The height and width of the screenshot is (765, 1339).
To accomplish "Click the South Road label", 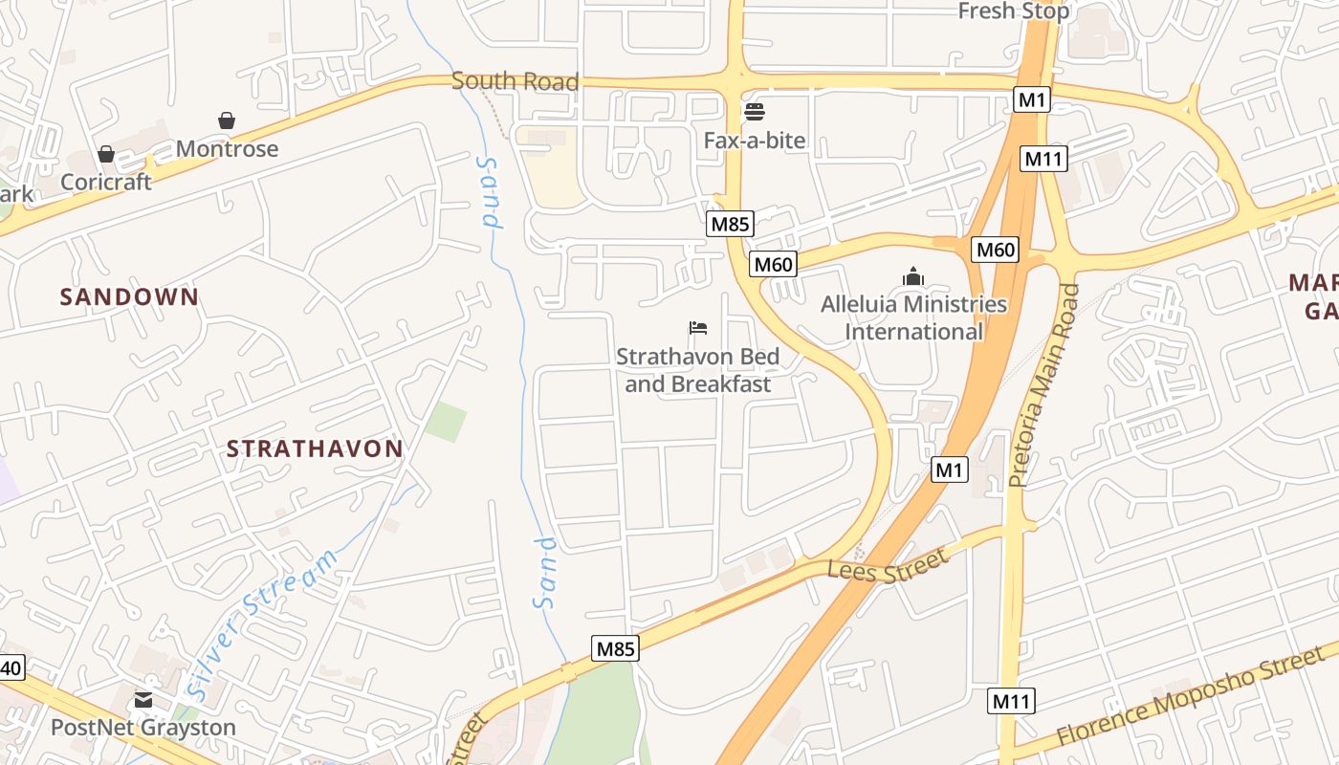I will (515, 81).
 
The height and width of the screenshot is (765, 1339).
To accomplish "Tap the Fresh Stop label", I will (1013, 11).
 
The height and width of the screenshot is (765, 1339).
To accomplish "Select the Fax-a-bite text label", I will (754, 141).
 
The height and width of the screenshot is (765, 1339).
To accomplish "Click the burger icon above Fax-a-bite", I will (754, 112).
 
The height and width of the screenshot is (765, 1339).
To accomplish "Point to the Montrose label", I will (227, 149).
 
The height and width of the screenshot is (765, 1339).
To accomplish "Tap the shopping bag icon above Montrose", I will (227, 120).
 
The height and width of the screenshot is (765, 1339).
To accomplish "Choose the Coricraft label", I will (105, 182).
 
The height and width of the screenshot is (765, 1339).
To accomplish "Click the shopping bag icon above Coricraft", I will (105, 154).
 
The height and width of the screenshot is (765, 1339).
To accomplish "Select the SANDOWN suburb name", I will (129, 297).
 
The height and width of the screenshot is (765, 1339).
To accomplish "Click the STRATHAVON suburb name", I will (315, 448).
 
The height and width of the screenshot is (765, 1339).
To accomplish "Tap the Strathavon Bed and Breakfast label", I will (697, 370).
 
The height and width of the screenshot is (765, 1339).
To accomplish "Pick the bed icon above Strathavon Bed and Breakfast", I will (697, 328).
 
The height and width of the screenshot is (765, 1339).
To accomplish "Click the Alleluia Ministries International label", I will (913, 317).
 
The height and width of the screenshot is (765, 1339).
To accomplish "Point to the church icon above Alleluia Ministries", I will (913, 276).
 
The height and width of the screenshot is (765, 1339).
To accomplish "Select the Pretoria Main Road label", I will (1042, 384).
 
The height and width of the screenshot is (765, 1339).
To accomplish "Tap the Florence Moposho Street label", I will (1194, 695).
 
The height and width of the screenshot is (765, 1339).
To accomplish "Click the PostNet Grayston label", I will (143, 728).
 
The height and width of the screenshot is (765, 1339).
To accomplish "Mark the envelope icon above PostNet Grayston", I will (143, 700).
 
